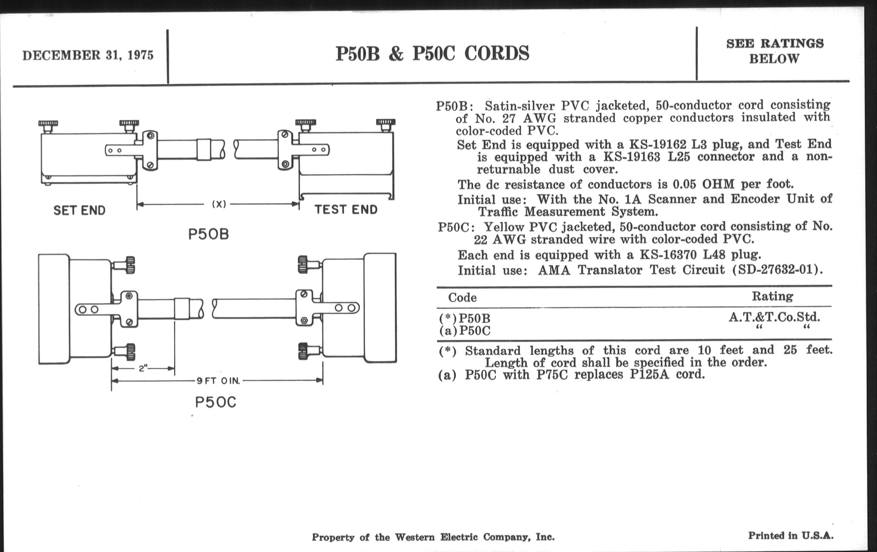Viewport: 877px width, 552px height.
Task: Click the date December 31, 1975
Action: (x=88, y=56)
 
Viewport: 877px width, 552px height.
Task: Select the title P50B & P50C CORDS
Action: (x=432, y=53)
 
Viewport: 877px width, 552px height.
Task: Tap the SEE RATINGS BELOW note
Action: (x=774, y=51)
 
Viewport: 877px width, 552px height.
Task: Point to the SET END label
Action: (x=79, y=210)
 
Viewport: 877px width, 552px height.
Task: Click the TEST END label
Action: (x=345, y=210)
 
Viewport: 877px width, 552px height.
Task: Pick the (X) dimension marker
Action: (x=219, y=205)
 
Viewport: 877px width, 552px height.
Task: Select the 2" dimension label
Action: (x=143, y=368)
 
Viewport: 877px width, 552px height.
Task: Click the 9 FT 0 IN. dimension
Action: (x=218, y=381)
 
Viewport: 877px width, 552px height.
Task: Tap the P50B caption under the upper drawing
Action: (x=208, y=234)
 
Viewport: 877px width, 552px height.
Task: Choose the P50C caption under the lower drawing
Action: (x=216, y=402)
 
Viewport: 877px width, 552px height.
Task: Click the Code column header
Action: (x=462, y=298)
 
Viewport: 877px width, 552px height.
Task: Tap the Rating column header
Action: (x=772, y=296)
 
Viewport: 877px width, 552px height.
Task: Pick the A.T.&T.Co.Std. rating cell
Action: (x=774, y=317)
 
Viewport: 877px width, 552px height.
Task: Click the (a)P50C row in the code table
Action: (x=465, y=330)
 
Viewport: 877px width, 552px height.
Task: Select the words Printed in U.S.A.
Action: (x=791, y=536)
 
